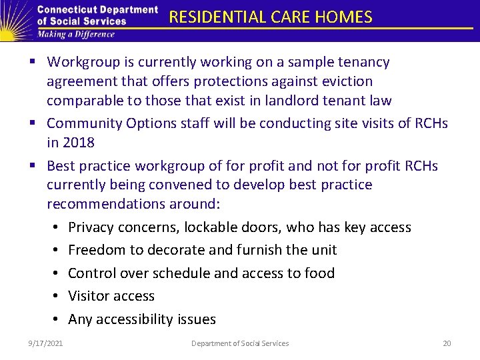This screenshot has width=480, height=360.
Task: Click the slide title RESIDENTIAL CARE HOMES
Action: pyautogui.click(x=271, y=17)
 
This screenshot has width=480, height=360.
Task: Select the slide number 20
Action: pyautogui.click(x=447, y=343)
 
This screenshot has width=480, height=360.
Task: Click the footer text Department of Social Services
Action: pyautogui.click(x=240, y=343)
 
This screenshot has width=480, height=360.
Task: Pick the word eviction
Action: pyautogui.click(x=348, y=81)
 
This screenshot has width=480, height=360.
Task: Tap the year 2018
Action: pyautogui.click(x=80, y=143)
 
